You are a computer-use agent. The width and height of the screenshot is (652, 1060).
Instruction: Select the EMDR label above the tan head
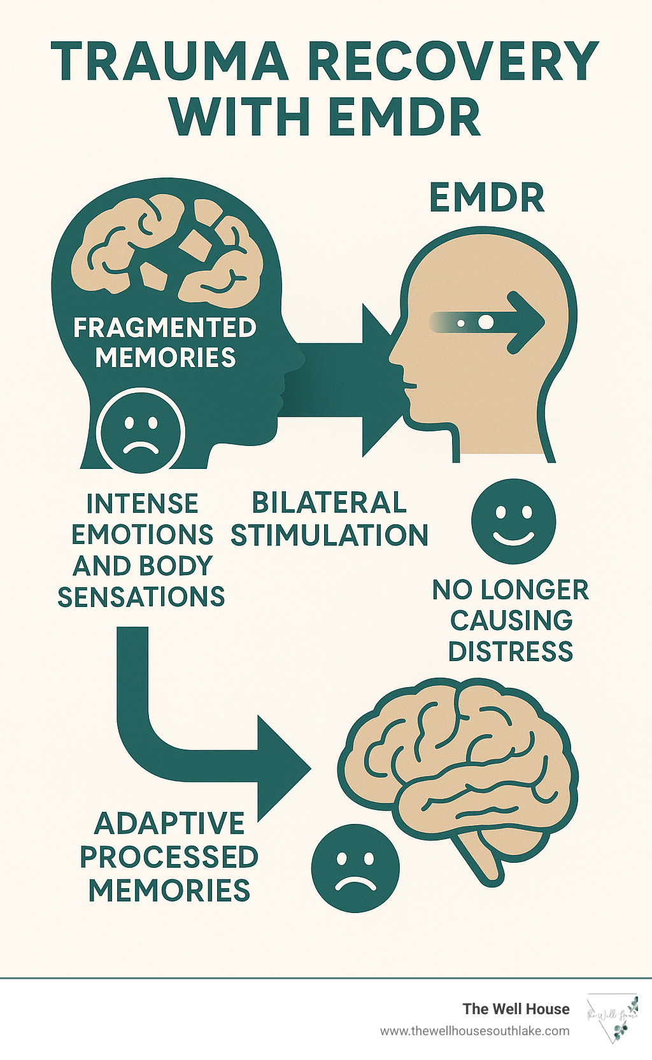coord(487,198)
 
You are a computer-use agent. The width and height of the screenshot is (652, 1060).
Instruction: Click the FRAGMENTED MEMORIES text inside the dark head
coord(165,342)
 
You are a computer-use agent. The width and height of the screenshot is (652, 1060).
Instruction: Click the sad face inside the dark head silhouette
coord(141,431)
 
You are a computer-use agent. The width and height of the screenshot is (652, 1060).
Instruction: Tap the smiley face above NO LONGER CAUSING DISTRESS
coord(513,521)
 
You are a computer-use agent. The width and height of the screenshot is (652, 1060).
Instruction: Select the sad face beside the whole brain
coord(355,868)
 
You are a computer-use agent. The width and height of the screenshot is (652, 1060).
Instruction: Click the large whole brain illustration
coord(458,770)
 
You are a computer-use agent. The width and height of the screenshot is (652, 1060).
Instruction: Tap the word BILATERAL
coord(329,503)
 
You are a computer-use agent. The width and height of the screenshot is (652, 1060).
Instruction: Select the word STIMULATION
coord(329,535)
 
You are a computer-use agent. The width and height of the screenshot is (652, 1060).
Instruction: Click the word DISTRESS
coord(511,652)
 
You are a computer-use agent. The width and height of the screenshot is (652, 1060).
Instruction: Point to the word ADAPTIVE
coord(169,823)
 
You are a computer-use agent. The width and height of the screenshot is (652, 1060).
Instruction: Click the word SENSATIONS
coord(141,597)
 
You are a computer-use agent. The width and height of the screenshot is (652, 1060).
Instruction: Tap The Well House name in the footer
coord(516,1008)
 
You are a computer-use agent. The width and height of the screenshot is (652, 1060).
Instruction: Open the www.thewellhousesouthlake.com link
coord(475,1031)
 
